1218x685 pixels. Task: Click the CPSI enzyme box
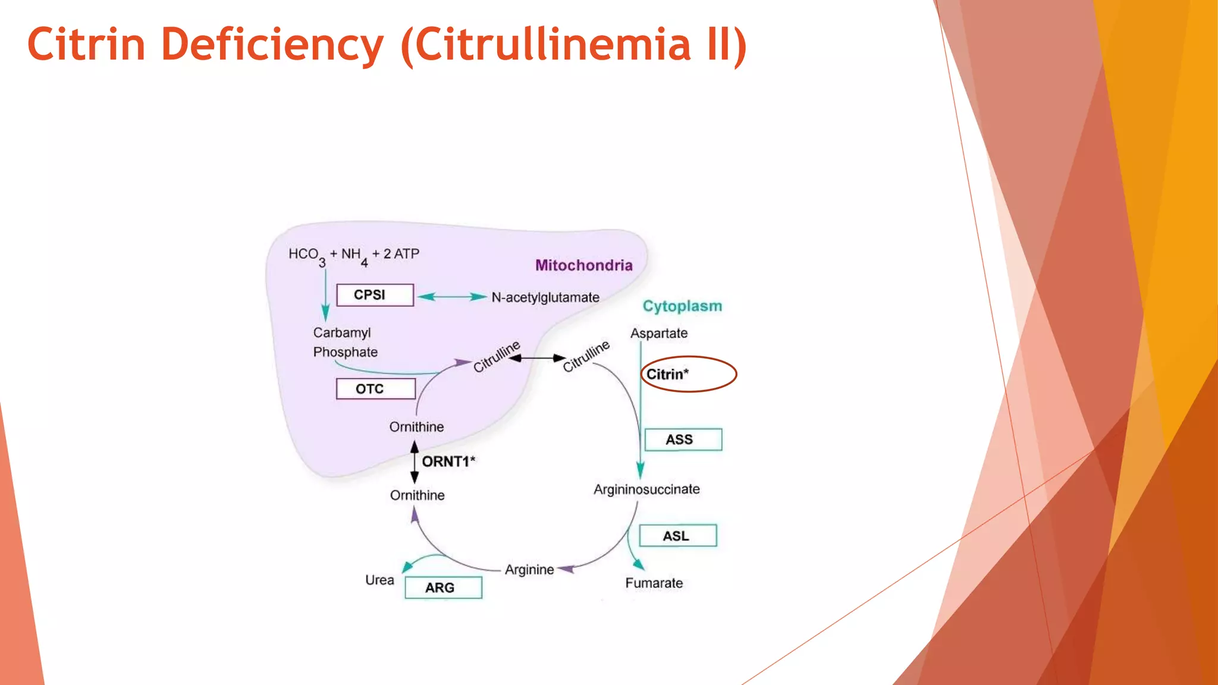click(x=375, y=295)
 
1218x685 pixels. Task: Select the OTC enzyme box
click(x=375, y=389)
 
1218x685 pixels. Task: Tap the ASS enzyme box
click(x=683, y=439)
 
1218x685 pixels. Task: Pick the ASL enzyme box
click(x=677, y=536)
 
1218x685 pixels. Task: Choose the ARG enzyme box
click(x=443, y=587)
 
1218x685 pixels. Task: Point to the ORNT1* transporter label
click(x=448, y=461)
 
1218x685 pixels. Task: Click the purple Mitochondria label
click(x=583, y=265)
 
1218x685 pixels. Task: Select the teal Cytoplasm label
click(x=682, y=306)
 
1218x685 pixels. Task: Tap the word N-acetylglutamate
click(x=545, y=297)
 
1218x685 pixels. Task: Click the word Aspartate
click(x=658, y=333)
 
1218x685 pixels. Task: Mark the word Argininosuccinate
click(x=646, y=489)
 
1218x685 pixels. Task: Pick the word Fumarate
click(x=654, y=583)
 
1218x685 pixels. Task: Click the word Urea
click(x=379, y=580)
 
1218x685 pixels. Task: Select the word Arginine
click(x=529, y=570)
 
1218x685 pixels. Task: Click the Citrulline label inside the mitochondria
click(x=496, y=356)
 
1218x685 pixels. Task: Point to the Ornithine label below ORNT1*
click(x=417, y=495)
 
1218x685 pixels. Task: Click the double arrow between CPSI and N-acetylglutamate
click(x=452, y=297)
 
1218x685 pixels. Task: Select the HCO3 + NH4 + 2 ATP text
click(x=354, y=256)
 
